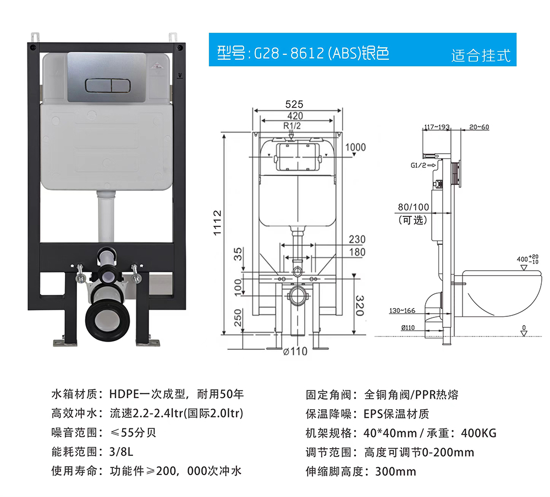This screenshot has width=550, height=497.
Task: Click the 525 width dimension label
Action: (x=294, y=104)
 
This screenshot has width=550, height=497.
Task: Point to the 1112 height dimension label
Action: (x=217, y=223)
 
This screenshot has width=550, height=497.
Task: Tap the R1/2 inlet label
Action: (x=292, y=126)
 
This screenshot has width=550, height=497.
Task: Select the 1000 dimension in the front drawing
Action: (x=355, y=147)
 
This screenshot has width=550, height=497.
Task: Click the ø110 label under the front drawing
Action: (x=295, y=351)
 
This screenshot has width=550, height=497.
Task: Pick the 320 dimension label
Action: (x=360, y=305)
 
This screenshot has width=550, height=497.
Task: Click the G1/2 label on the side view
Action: (x=418, y=165)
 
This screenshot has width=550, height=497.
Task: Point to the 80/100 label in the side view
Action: (x=413, y=207)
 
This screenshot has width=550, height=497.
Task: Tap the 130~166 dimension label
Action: (x=402, y=310)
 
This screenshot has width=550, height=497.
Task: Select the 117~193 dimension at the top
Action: (x=437, y=127)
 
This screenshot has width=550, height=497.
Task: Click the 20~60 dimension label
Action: (x=479, y=127)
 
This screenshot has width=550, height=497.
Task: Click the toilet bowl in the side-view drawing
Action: (x=501, y=293)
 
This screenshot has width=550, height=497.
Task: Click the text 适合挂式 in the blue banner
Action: (x=481, y=55)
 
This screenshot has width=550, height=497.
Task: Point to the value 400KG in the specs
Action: (x=479, y=433)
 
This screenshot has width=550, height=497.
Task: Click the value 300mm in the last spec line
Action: (x=395, y=471)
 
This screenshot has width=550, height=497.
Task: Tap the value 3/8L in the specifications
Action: (x=121, y=452)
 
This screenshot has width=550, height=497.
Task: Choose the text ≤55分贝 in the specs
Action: (x=133, y=433)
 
